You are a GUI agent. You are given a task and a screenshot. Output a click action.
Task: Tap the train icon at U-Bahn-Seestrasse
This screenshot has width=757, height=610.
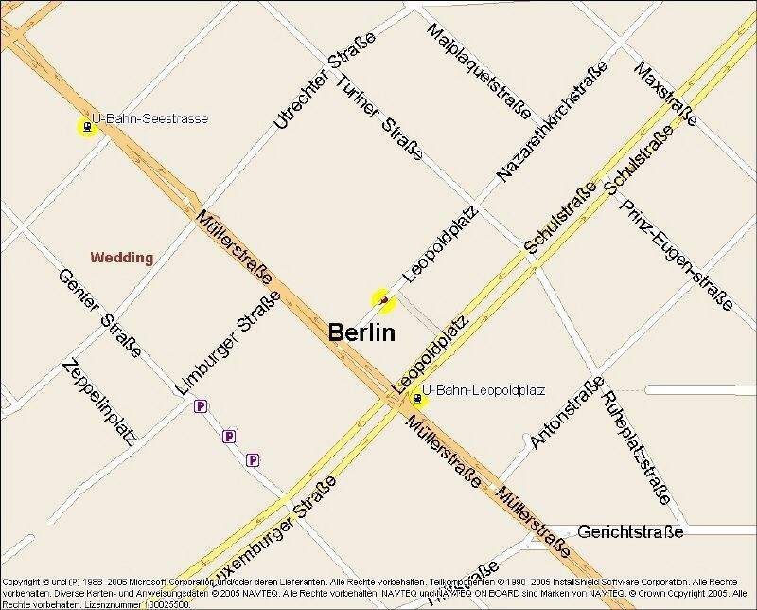click(x=87, y=126)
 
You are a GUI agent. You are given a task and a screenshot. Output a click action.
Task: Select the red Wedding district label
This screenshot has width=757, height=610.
click(x=121, y=257)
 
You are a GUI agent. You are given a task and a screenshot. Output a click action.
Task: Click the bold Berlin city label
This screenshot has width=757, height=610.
click(x=361, y=332)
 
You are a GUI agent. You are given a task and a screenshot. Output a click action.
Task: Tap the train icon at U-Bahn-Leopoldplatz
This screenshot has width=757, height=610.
click(x=417, y=399)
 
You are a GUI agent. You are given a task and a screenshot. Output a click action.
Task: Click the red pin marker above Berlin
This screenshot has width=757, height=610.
click(x=383, y=301)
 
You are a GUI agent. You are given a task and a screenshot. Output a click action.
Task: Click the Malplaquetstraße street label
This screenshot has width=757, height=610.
click(x=478, y=73)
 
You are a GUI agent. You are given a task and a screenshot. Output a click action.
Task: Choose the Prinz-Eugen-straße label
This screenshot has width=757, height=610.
click(x=676, y=254)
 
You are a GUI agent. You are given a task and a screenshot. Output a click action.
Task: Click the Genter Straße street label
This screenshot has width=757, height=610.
click(x=99, y=313)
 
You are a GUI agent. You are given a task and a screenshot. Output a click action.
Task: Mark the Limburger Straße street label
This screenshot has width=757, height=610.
click(x=228, y=343)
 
